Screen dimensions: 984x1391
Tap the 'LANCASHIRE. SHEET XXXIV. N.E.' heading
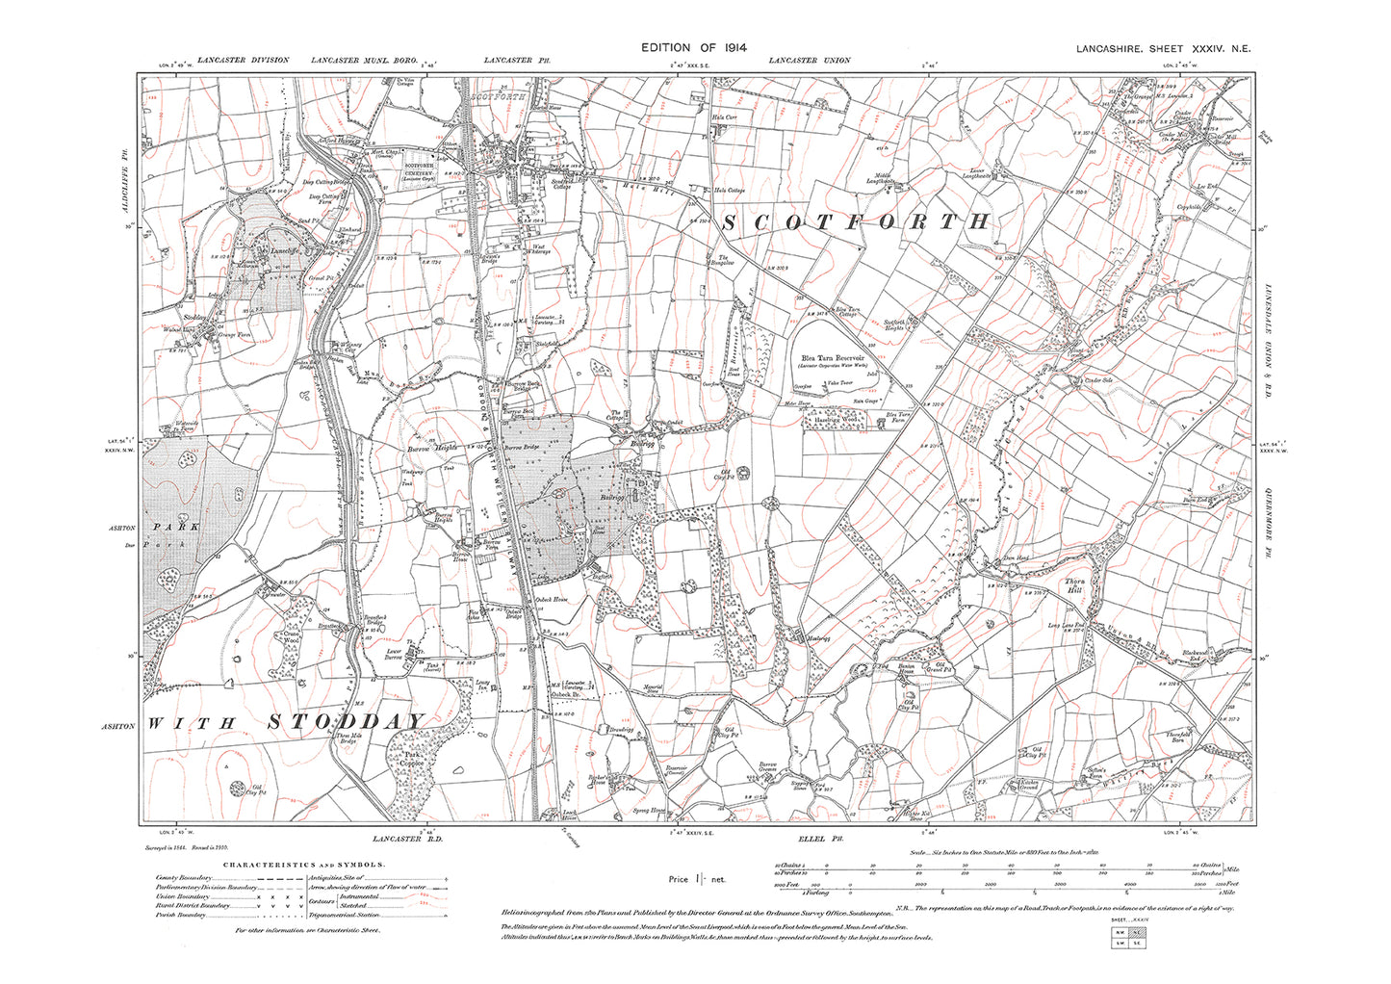tap(1162, 48)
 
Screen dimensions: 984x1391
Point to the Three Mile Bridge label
tap(348, 741)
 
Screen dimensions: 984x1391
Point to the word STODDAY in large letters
tap(344, 722)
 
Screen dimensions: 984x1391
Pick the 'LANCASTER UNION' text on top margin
tap(810, 61)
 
